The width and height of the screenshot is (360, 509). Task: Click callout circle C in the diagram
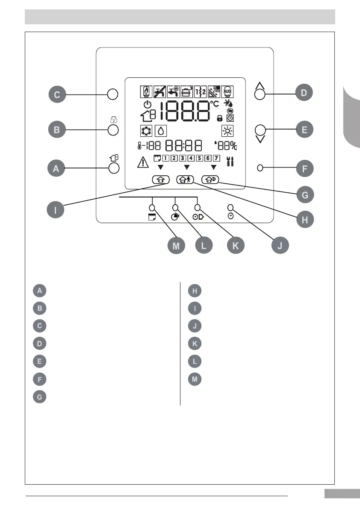pyautogui.click(x=57, y=94)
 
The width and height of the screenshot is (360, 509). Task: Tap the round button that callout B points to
pyautogui.click(x=113, y=130)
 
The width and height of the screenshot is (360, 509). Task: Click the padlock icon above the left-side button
pyautogui.click(x=113, y=120)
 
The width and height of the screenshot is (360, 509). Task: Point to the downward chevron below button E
pyautogui.click(x=260, y=139)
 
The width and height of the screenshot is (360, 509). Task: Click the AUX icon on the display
pyautogui.click(x=227, y=92)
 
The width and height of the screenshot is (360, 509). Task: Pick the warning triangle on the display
pyautogui.click(x=142, y=162)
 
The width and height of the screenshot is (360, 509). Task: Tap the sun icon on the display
pyautogui.click(x=227, y=131)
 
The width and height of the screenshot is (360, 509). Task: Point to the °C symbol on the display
pyautogui.click(x=214, y=104)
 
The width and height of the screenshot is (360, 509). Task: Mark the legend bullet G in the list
pyautogui.click(x=39, y=396)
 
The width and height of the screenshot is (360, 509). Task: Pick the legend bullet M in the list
pyautogui.click(x=195, y=379)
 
